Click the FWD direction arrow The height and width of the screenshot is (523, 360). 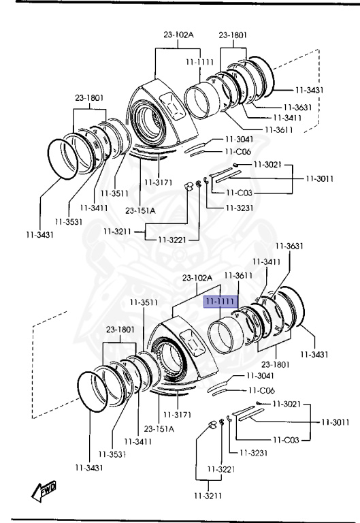pos(44,491)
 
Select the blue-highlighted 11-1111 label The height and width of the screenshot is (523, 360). pos(221,302)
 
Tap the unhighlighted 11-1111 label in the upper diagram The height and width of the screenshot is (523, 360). pos(199,62)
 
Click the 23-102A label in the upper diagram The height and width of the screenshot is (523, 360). pos(178,34)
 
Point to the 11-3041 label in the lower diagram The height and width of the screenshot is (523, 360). pos(260,376)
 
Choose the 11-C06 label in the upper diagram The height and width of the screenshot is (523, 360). pos(238,152)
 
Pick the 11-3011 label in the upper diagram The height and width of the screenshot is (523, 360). pos(319,178)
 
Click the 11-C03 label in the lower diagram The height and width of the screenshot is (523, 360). pos(286,440)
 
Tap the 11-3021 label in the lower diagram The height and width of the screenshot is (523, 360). pos(287,404)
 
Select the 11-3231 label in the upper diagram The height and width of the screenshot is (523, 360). pos(240,208)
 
